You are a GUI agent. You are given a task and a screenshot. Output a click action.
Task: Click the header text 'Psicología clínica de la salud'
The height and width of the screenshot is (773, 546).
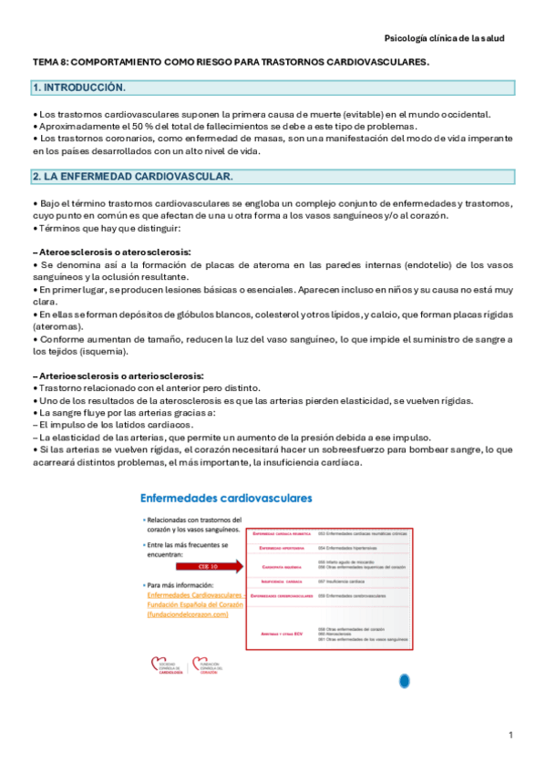tap(444, 38)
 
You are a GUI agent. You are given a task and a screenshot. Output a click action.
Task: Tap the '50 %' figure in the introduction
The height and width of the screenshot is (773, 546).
tap(126, 126)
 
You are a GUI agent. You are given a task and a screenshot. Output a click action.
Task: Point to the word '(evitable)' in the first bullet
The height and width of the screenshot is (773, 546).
tap(338, 114)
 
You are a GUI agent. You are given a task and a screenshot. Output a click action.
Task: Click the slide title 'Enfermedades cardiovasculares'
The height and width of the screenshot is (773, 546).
tap(225, 499)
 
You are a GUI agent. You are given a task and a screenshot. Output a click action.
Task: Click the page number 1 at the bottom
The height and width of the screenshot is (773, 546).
tap(511, 735)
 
